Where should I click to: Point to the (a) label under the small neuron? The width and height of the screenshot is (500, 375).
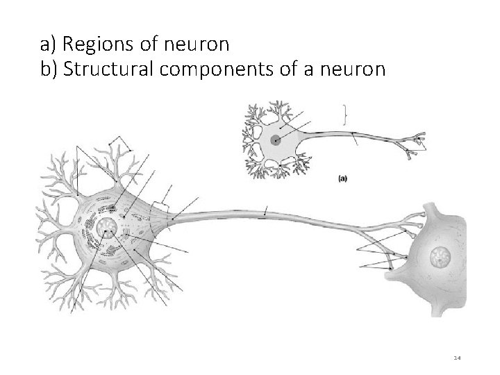tap(343, 178)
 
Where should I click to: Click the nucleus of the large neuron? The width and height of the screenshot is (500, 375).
tap(108, 227)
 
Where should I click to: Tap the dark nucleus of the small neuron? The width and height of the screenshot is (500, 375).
tap(276, 140)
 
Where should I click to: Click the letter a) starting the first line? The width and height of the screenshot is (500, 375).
tap(48, 45)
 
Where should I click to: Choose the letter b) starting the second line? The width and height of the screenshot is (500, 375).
tap(49, 70)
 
